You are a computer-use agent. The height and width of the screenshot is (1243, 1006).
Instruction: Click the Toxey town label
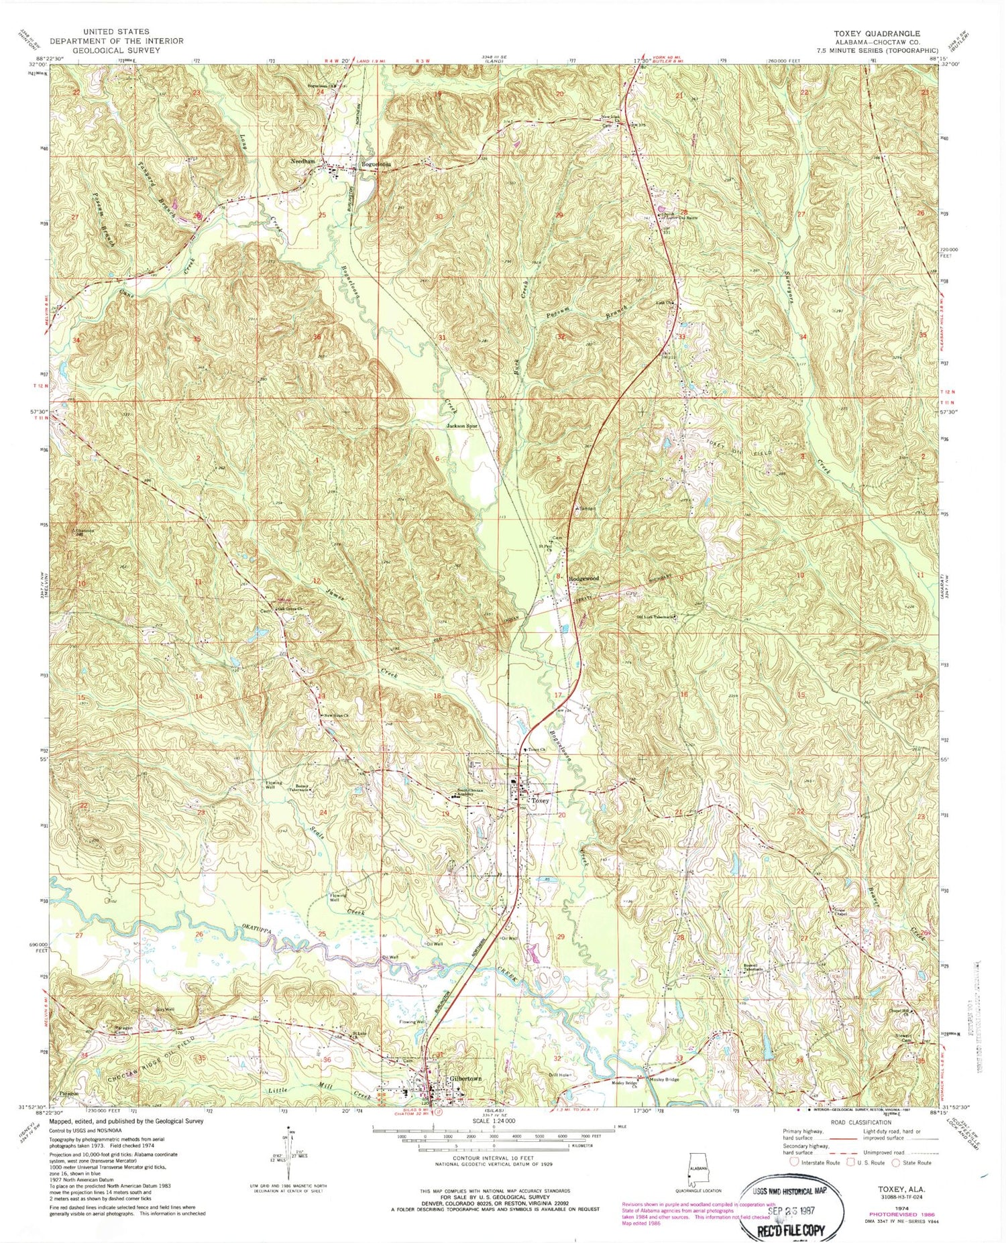coord(540,801)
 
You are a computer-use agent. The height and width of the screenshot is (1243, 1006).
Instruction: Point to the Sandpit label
coord(587,508)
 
